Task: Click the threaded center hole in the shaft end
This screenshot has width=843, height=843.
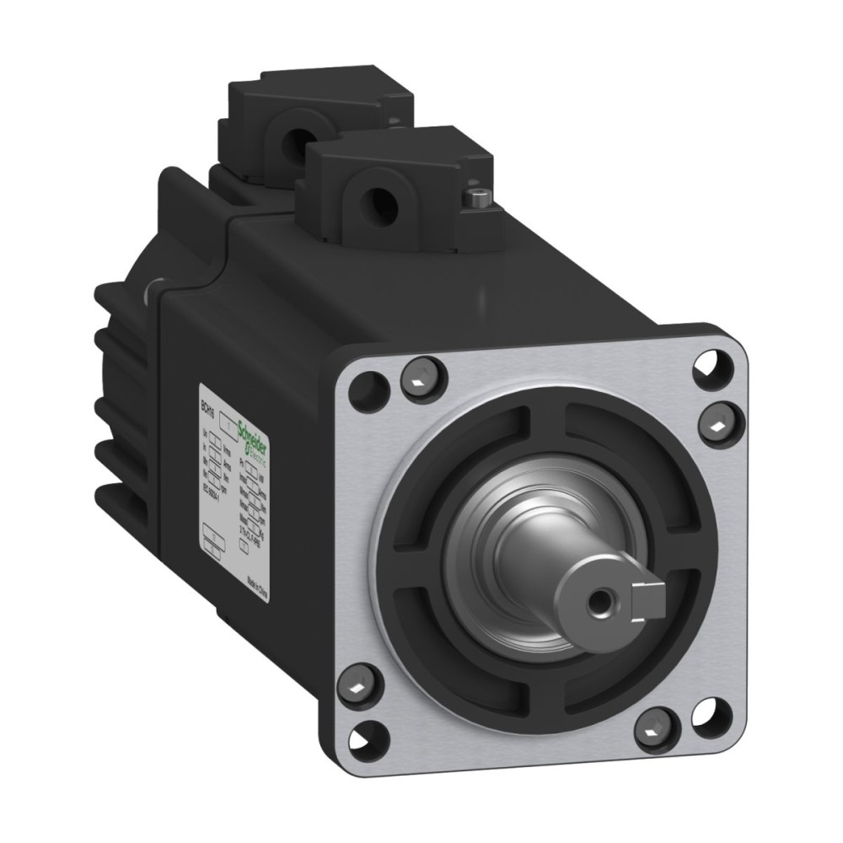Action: (x=599, y=602)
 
